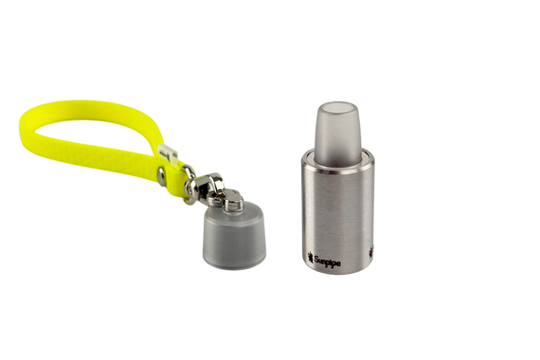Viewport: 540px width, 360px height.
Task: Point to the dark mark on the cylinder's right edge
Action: click(x=370, y=251)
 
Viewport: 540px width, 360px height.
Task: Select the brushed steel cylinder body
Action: click(x=336, y=208)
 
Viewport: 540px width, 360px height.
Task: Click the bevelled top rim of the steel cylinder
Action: click(x=336, y=154)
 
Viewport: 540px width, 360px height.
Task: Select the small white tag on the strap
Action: click(x=169, y=153)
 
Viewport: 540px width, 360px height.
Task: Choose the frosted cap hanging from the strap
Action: click(x=232, y=237)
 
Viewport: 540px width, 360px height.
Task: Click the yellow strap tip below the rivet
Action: click(x=176, y=185)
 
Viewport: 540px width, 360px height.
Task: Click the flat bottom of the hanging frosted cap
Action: click(x=233, y=264)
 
